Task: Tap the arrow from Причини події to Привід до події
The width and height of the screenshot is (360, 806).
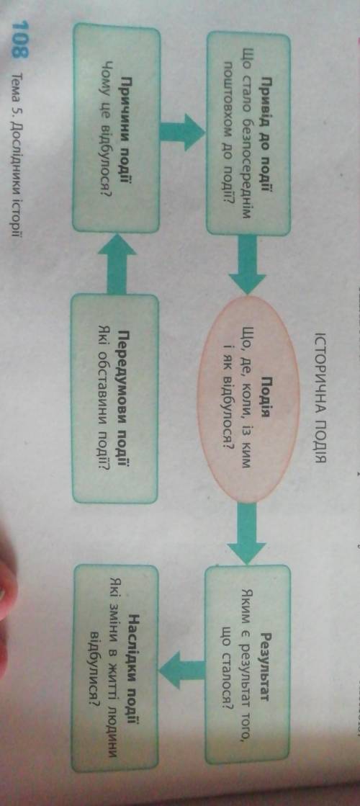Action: [181, 133]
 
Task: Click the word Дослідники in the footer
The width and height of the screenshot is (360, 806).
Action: [23, 161]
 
